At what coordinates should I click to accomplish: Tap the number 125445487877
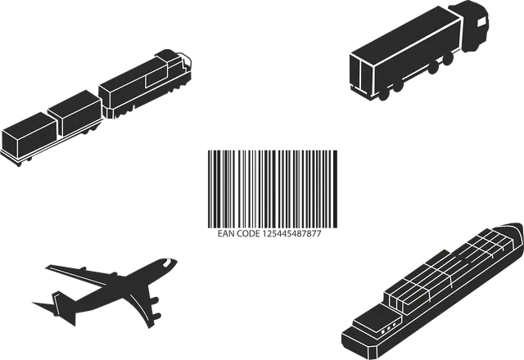[x=291, y=234]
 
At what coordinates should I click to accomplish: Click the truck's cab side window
[x=482, y=21]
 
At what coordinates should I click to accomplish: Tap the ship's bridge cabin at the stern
[x=376, y=320]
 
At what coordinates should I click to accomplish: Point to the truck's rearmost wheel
[x=384, y=94]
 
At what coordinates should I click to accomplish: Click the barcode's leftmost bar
[x=209, y=189]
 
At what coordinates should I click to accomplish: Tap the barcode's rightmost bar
[x=335, y=189]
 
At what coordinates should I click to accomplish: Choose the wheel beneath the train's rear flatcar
[x=19, y=164]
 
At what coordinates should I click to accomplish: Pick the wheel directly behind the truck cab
[x=448, y=59]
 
